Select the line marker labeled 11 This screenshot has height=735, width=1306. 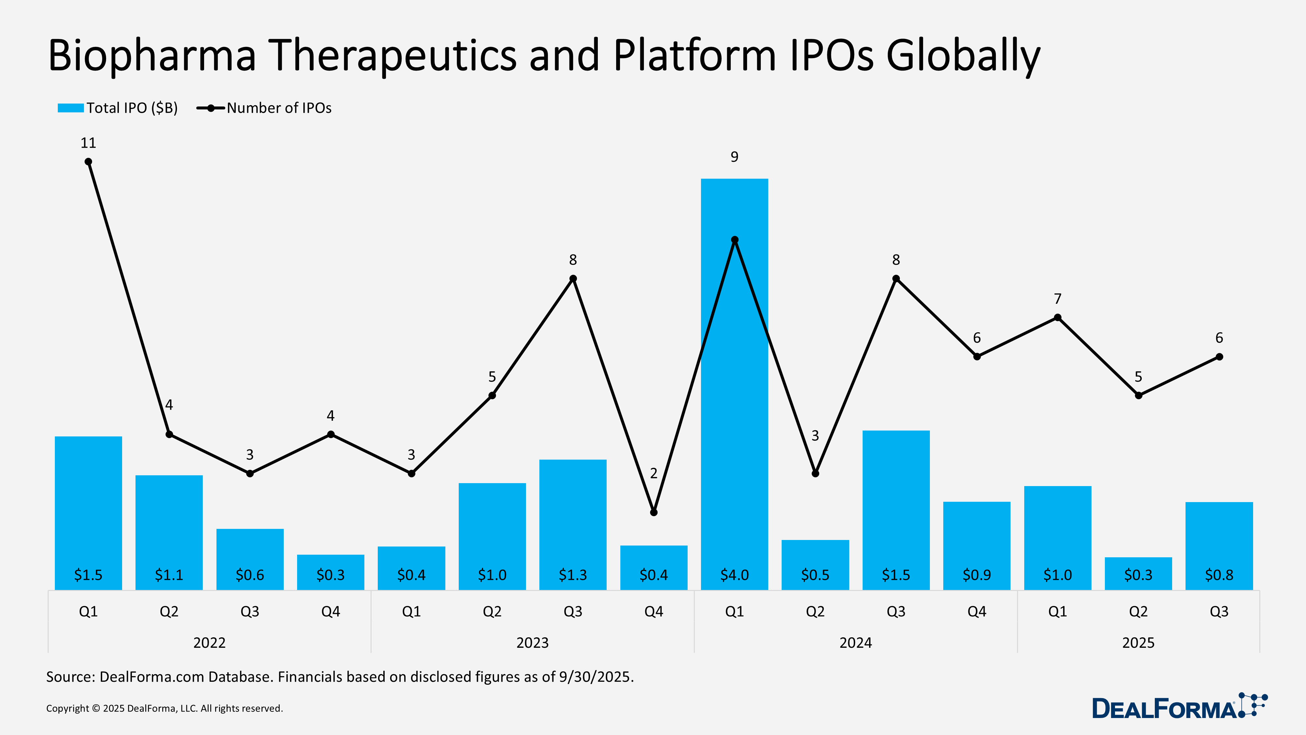[88, 162]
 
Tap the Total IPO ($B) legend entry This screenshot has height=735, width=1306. [118, 108]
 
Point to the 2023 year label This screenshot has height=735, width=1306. [532, 643]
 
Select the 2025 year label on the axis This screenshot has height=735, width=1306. [1138, 643]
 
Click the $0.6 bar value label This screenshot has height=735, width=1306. [250, 575]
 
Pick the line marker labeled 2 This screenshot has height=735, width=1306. [654, 512]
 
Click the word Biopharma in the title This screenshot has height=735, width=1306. [152, 56]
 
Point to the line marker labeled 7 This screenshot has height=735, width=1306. [1058, 318]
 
